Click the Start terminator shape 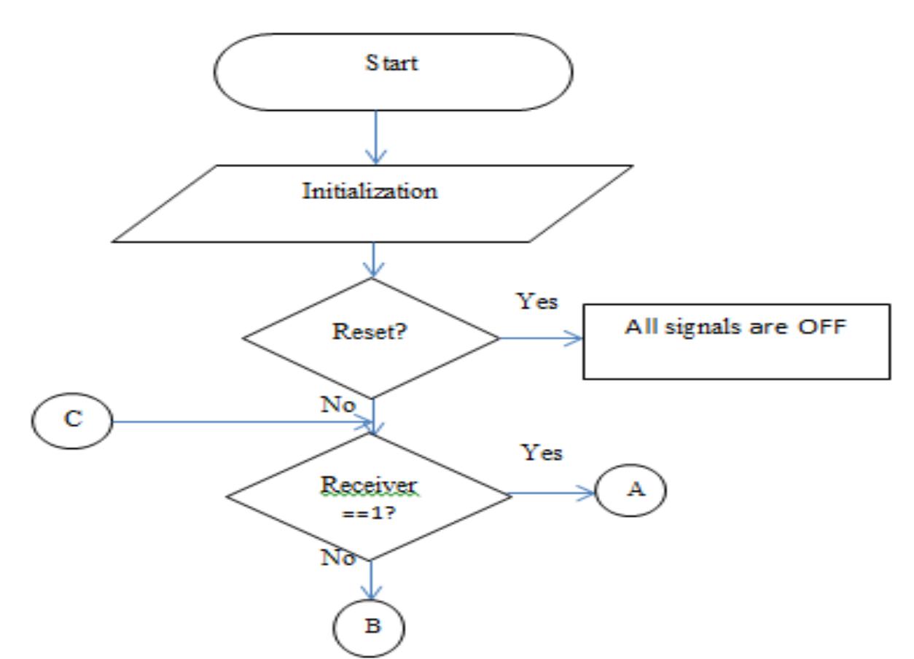(392, 71)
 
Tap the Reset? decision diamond (371, 338)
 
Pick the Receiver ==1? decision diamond (370, 496)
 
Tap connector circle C (71, 422)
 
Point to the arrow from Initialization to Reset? (373, 260)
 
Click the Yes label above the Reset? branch (538, 300)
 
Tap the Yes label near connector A (543, 453)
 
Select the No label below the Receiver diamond (337, 558)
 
